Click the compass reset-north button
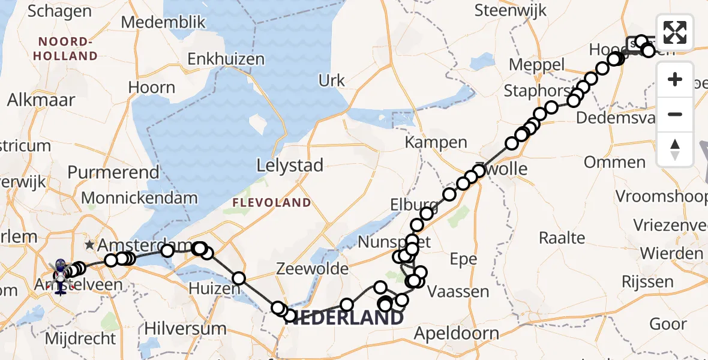point(675,149)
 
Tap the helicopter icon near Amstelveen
point(61,277)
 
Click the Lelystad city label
point(290,165)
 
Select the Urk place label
point(332,81)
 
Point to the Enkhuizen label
point(226,59)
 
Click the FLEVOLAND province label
point(272,203)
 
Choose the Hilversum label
point(185,329)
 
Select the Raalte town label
point(562,238)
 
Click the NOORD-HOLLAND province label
point(67,49)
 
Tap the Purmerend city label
point(113,173)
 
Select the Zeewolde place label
point(312,269)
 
